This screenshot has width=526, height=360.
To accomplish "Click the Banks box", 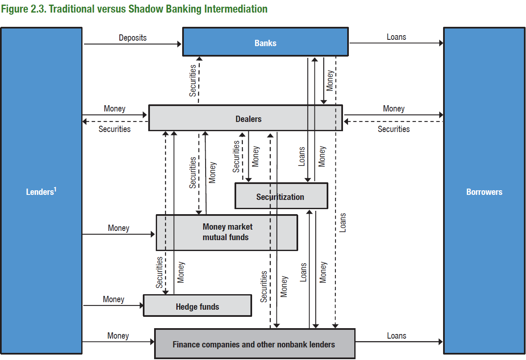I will (265, 42).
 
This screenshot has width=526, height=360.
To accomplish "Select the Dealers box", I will (248, 119).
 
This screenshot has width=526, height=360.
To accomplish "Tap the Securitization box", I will (280, 197).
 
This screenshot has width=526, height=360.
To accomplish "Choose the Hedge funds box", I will (197, 307).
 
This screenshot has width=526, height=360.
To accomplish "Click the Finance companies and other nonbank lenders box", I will (254, 344).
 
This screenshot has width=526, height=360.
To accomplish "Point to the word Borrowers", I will (484, 192).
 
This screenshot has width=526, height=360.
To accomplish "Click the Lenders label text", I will (40, 192).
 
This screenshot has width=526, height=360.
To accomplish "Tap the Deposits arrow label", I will (133, 38).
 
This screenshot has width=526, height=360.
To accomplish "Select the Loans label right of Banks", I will (396, 37).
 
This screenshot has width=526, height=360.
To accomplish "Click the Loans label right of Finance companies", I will (396, 336).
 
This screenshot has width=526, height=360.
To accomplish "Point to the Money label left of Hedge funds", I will (113, 299).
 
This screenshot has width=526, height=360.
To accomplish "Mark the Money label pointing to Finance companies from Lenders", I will (118, 336).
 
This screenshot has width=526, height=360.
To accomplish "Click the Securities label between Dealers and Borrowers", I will (394, 129).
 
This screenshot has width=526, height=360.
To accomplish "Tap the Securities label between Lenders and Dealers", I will (114, 129).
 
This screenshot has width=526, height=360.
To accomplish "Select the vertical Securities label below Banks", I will (193, 80).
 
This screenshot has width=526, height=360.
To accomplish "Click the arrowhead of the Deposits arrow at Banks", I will (179, 43).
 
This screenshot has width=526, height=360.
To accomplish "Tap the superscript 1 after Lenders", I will (55, 189).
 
